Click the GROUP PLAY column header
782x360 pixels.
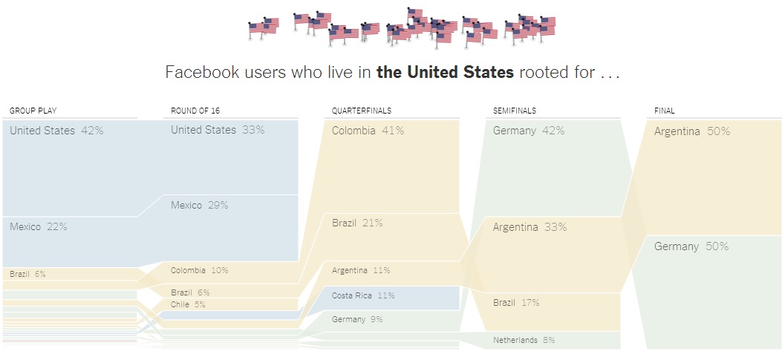[x=33, y=111]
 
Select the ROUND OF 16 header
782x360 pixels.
[x=195, y=111]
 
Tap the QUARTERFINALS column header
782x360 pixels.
[x=362, y=111]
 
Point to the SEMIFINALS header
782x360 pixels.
[x=515, y=111]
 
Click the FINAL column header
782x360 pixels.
[x=665, y=111]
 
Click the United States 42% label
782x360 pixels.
[x=56, y=131]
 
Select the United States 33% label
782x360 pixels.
[x=218, y=130]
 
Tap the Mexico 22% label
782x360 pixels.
[x=39, y=226]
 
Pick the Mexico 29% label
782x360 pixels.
[x=199, y=205]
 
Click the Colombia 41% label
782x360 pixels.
[x=368, y=131]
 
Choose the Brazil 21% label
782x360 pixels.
[x=357, y=223]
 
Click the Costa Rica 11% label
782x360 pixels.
[x=363, y=295]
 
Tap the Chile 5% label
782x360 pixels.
[x=188, y=304]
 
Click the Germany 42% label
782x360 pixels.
[x=528, y=131]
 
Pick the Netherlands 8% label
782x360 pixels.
[x=524, y=340]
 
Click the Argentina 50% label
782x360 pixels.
[x=691, y=131]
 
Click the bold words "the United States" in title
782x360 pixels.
[x=445, y=72]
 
